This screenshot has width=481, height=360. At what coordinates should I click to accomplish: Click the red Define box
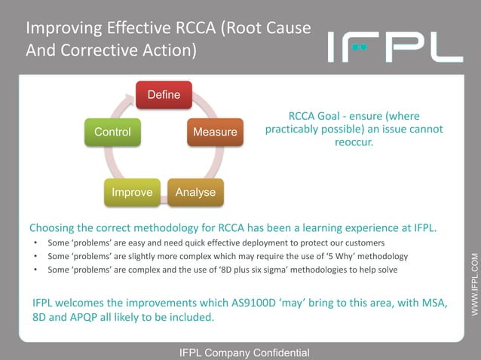pos(164,95)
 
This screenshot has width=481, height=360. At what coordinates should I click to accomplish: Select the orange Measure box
pos(215,133)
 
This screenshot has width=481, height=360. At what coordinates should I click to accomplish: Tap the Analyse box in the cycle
pos(195,192)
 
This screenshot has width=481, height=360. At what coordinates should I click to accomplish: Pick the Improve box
pos(132,192)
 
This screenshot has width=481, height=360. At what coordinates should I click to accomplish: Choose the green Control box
pos(112,133)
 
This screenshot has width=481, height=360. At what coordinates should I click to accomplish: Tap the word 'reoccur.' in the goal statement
pos(354,142)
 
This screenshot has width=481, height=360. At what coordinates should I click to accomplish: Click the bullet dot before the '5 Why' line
pos(35,256)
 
